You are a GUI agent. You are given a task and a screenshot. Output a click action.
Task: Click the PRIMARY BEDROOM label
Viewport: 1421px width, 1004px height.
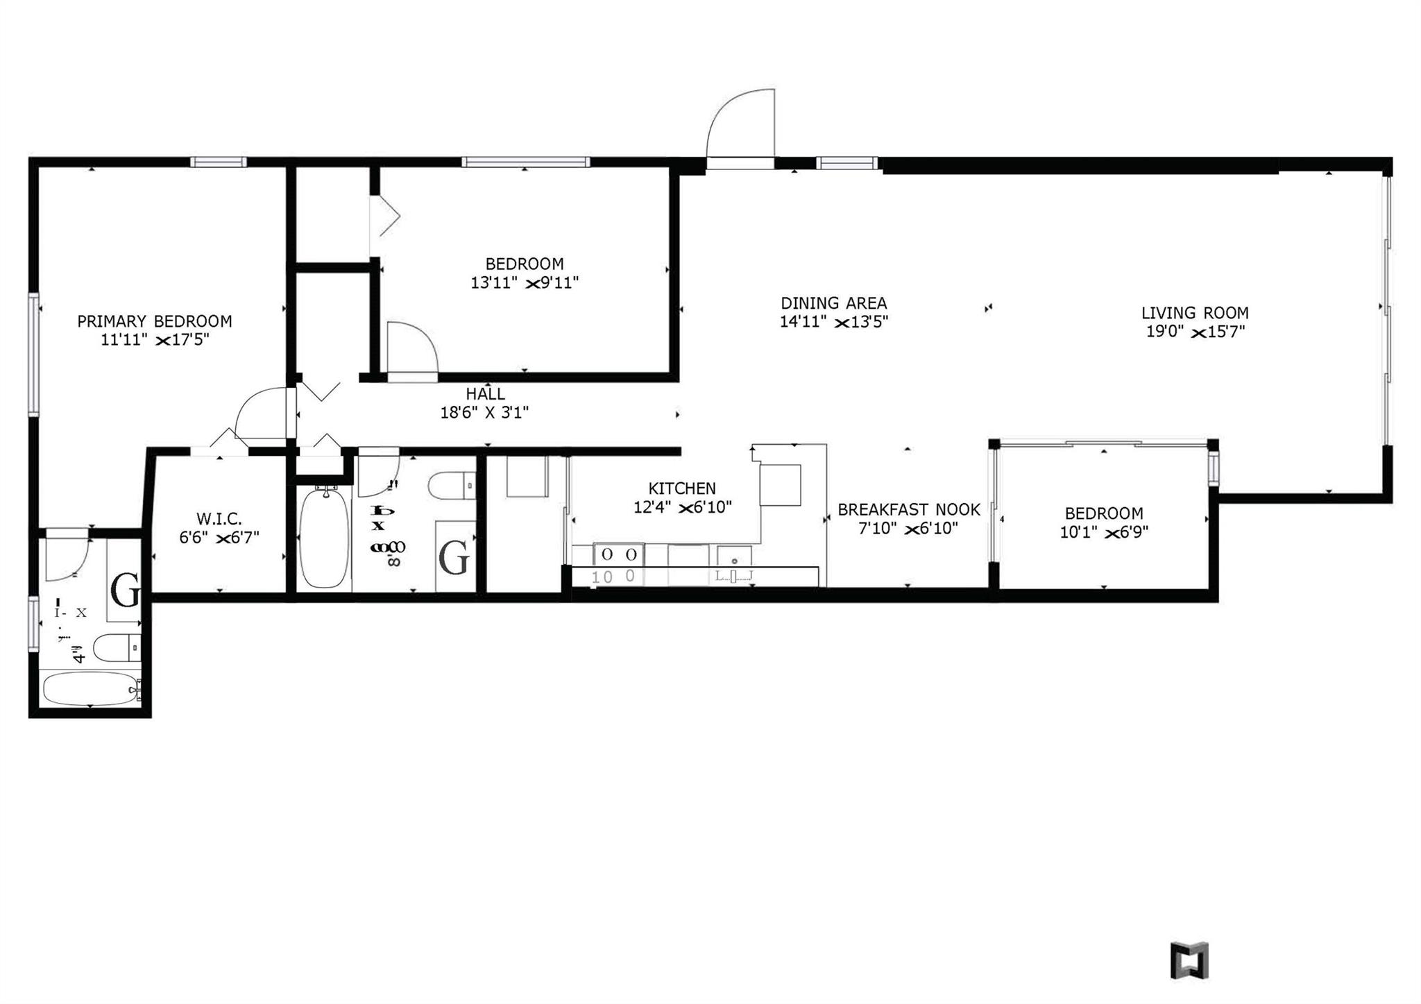point(154,321)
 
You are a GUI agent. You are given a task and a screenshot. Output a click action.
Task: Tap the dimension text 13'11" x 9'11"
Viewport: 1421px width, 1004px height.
point(524,283)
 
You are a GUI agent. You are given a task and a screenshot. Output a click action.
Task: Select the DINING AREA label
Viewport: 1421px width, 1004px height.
point(833,303)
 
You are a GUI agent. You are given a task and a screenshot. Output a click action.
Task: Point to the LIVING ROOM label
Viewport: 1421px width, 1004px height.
point(1194,313)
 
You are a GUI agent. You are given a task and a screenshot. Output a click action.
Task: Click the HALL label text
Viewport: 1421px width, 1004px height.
point(485,394)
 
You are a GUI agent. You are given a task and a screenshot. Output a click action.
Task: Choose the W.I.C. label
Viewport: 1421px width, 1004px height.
point(219,518)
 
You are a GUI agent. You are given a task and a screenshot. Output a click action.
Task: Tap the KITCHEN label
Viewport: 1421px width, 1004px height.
point(681,488)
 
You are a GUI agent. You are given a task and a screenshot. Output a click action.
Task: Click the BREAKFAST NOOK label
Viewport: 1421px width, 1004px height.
point(908,510)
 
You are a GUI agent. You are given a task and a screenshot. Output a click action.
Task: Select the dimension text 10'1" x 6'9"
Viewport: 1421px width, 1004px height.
point(1103,532)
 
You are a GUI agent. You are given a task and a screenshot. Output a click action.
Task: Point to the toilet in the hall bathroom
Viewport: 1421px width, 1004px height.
point(450,486)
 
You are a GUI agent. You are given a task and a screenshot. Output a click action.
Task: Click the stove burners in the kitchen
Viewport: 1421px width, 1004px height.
point(619,554)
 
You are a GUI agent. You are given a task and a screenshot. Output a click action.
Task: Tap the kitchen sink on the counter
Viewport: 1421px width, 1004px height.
point(734,556)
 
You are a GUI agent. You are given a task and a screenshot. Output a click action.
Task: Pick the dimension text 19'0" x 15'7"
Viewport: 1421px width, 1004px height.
point(1195,332)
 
